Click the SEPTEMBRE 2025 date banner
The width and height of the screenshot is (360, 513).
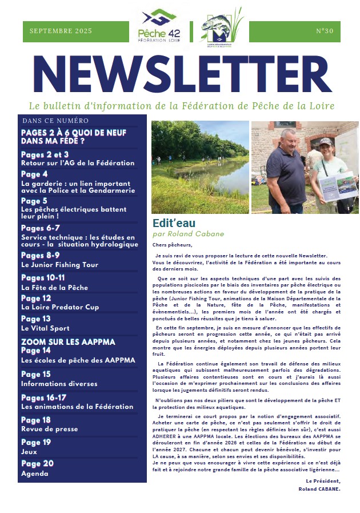tap(60, 31)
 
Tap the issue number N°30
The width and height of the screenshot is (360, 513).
tap(324, 31)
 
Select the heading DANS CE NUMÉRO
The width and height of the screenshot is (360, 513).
tap(55, 121)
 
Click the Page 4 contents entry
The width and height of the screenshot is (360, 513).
tap(34, 174)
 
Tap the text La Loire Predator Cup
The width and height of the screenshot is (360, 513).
tap(60, 307)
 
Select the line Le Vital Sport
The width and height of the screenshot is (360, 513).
tap(45, 328)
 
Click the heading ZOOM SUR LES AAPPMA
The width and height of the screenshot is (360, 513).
tap(68, 341)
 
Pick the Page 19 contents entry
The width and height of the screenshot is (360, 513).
tap(36, 442)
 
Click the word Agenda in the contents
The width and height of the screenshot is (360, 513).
tap(34, 474)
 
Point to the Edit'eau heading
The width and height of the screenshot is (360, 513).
tap(174, 224)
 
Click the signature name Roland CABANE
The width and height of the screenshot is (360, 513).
tap(319, 489)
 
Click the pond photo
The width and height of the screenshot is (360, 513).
tap(199, 167)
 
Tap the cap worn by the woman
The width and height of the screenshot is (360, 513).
tap(326, 141)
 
